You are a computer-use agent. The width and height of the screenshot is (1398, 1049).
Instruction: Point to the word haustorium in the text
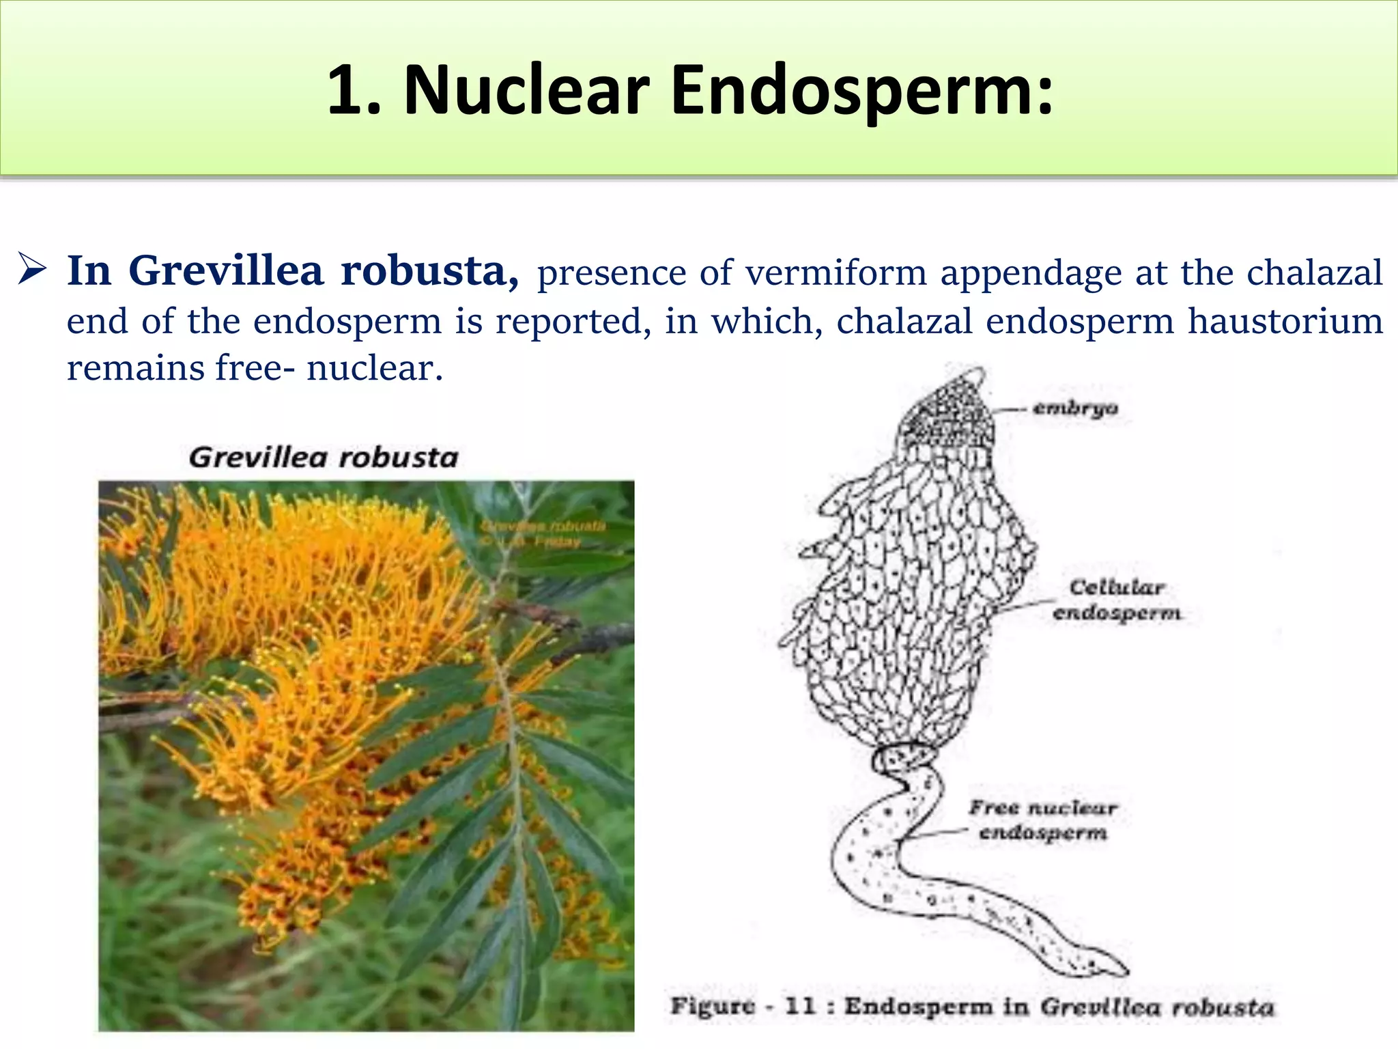tap(1285, 321)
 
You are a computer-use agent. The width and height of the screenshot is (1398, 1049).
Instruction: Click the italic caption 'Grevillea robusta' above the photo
tap(323, 458)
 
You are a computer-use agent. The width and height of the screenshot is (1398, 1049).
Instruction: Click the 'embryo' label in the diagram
tap(1075, 408)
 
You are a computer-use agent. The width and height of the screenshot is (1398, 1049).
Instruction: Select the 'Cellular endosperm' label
tap(1117, 600)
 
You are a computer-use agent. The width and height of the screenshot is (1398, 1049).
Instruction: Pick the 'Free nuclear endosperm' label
tap(1042, 820)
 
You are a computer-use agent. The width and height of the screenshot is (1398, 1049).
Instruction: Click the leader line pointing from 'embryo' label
tap(1009, 410)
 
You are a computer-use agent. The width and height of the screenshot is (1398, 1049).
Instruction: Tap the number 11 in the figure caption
tap(800, 1006)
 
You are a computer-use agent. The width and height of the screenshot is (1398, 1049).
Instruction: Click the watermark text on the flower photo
tap(543, 533)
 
